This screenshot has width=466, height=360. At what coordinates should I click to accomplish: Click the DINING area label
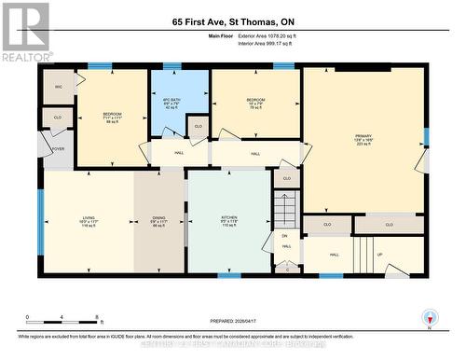(159, 220)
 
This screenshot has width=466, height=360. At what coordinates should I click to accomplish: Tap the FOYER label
(58, 147)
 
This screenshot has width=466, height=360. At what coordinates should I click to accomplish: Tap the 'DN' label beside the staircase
(285, 236)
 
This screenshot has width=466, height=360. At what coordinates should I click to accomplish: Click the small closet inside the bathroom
(197, 127)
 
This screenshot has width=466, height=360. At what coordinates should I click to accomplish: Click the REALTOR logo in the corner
(25, 31)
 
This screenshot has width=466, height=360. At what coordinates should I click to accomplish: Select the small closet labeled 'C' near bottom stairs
(288, 269)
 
